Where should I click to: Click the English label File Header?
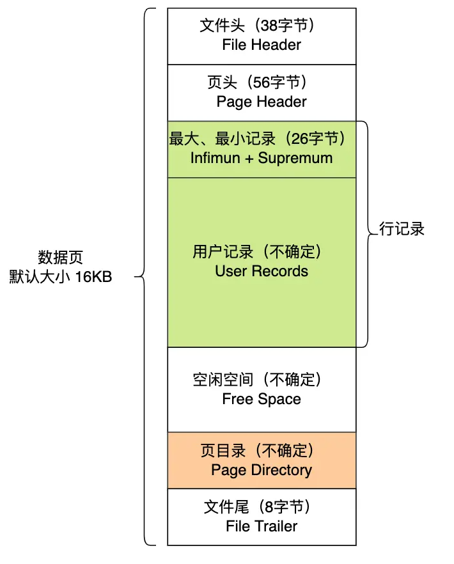coord(262,45)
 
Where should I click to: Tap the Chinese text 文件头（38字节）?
coord(261,26)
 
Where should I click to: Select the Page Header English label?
coord(262,102)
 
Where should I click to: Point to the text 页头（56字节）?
coord(261,83)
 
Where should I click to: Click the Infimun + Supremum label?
coord(262,158)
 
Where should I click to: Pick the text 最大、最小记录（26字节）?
coord(262,139)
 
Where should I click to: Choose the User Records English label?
coord(262,271)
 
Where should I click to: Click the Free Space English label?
coord(262,399)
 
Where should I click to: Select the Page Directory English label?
coord(262,470)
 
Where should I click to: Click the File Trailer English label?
coord(262,526)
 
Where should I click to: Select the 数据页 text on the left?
coord(61,258)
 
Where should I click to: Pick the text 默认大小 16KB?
coord(61,278)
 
